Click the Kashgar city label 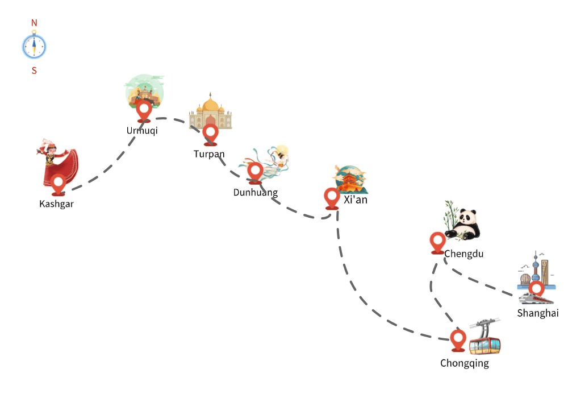[x=56, y=204]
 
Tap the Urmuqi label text [x=142, y=131]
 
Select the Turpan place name [x=209, y=154]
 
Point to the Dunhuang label [x=256, y=192]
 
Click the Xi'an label [x=356, y=200]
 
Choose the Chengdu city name [x=463, y=254]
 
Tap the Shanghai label [x=538, y=313]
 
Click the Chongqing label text [x=465, y=363]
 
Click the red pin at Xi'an [x=332, y=198]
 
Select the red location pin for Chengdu [x=437, y=243]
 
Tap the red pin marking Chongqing [x=458, y=341]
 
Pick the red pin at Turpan [x=211, y=135]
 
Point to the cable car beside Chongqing [x=485, y=337]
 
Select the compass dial [x=34, y=47]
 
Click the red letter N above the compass [x=34, y=23]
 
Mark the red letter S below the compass [x=34, y=71]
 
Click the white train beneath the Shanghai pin [x=536, y=298]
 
